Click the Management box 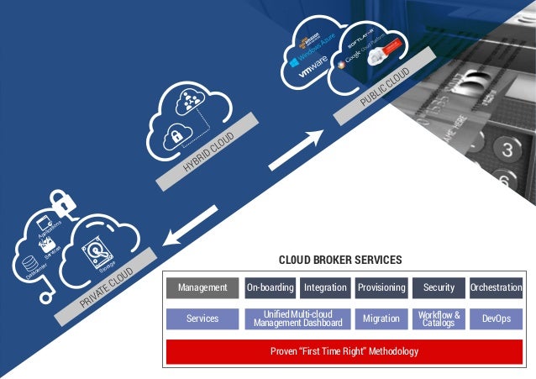202,287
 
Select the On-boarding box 271,287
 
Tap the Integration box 326,287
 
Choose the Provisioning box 381,287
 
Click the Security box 439,287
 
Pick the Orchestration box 496,287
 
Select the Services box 202,319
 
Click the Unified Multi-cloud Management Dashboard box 297,319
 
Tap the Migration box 381,319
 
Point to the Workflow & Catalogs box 439,319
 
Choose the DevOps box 496,319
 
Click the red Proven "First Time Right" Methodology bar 344,350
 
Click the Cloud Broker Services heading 340,260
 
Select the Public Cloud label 385,87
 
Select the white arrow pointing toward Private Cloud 191,226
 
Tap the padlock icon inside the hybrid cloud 178,136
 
